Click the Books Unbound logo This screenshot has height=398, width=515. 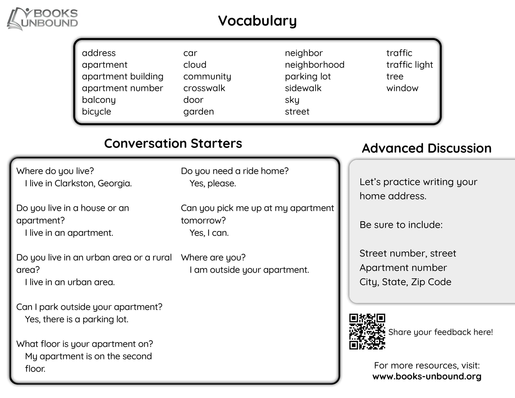click(x=42, y=19)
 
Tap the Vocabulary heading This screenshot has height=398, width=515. click(x=257, y=21)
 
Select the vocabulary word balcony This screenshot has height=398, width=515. click(x=99, y=100)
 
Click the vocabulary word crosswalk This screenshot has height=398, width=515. click(x=204, y=88)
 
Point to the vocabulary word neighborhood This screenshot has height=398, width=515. click(x=314, y=65)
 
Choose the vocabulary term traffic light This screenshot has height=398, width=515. click(x=409, y=65)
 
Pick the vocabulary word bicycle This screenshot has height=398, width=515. click(x=96, y=111)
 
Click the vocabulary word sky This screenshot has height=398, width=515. click(x=292, y=100)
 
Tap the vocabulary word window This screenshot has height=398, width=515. click(x=402, y=88)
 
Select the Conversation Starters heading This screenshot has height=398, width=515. click(x=173, y=143)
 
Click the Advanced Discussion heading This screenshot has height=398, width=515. click(x=427, y=148)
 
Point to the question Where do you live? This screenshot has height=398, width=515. click(x=55, y=171)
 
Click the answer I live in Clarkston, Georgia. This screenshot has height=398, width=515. click(x=78, y=183)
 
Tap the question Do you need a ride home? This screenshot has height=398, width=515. click(x=235, y=171)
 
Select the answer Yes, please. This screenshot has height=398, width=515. click(x=213, y=183)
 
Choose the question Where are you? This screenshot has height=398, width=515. click(x=213, y=257)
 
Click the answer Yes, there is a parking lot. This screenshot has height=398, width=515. click(x=76, y=319)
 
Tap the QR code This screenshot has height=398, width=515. click(x=367, y=332)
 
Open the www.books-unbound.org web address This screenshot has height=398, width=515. click(x=427, y=376)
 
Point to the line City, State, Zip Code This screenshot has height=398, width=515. click(x=405, y=282)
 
